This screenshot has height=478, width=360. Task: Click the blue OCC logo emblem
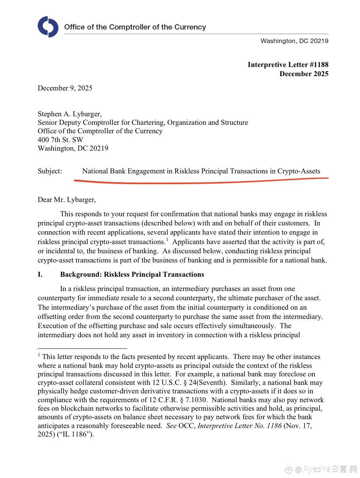[x=48, y=27]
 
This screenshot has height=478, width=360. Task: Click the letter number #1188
[x=318, y=65]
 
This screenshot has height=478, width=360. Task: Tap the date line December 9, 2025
[x=65, y=88]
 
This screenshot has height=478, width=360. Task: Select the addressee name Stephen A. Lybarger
[x=70, y=114]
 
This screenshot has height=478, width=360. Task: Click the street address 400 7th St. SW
[x=60, y=140]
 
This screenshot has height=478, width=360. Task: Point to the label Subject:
[x=50, y=171]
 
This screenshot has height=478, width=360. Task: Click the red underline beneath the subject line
[x=200, y=182]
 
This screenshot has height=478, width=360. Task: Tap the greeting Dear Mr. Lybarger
[x=67, y=200]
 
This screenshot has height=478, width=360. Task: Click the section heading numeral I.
[x=40, y=274]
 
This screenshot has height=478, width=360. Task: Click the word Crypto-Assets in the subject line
[x=299, y=171]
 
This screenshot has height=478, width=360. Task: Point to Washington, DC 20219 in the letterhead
[x=294, y=41]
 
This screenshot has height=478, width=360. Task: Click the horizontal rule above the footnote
[x=82, y=348]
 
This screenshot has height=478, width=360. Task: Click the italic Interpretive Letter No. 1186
[x=239, y=426]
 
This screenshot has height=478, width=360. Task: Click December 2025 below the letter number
[x=304, y=74]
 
